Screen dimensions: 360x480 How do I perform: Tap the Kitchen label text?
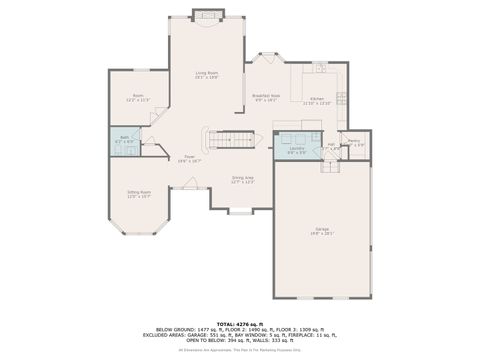317,99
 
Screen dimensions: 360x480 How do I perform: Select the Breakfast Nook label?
267,96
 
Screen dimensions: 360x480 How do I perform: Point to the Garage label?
322,230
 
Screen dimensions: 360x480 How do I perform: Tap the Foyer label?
188,157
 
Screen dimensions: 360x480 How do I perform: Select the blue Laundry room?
297,146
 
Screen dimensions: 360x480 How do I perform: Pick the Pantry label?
355,142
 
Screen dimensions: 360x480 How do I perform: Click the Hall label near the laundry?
331,144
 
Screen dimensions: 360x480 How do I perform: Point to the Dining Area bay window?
240,211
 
